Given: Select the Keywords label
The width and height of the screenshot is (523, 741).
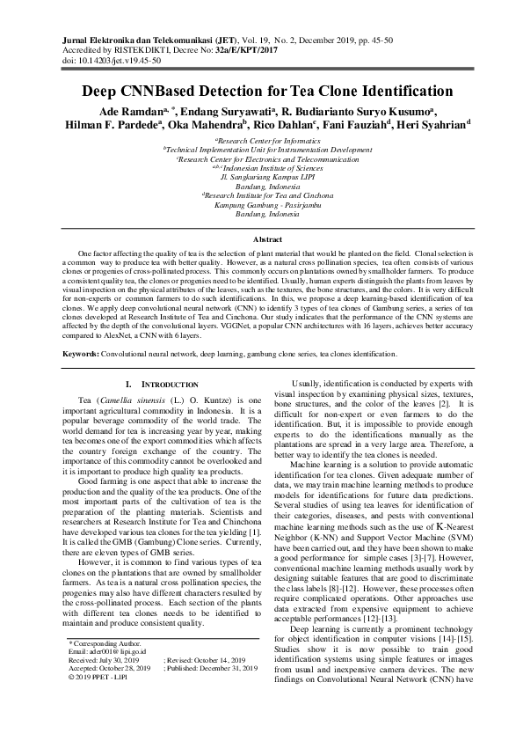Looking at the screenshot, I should click(85, 354).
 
